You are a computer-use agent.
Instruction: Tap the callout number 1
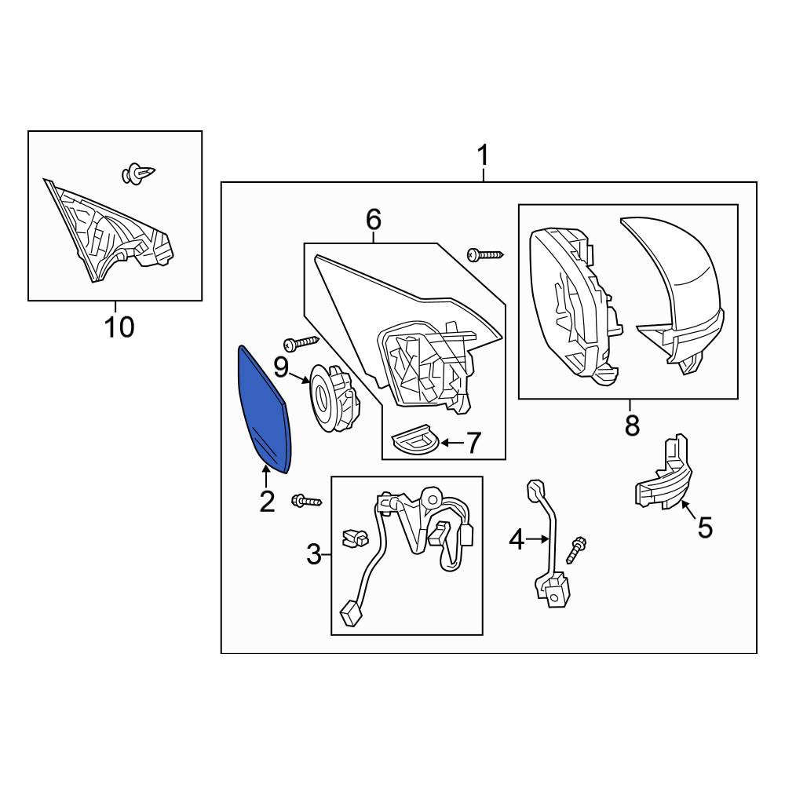tap(483, 155)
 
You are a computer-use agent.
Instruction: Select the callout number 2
tap(267, 501)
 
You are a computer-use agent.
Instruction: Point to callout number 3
tap(314, 555)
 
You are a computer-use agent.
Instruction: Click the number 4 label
tap(517, 540)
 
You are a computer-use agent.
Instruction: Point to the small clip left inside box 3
tap(353, 538)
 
